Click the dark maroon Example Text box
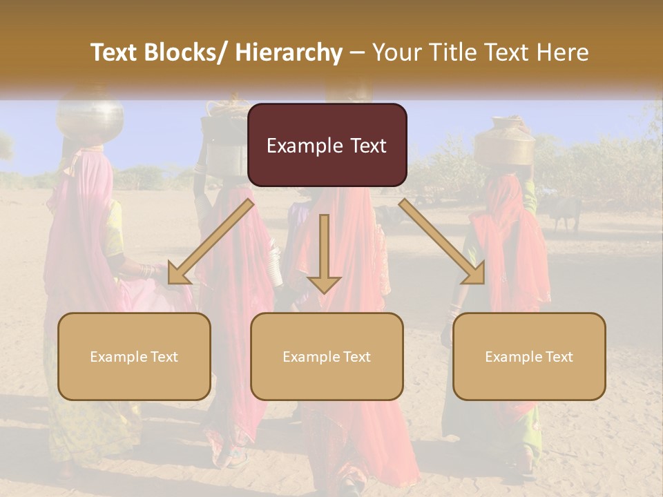(327, 145)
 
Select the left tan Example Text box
(134, 356)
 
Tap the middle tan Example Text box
(327, 356)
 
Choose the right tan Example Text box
(529, 356)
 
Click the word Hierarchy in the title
(288, 52)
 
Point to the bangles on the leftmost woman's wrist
(147, 271)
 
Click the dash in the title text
(357, 53)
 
